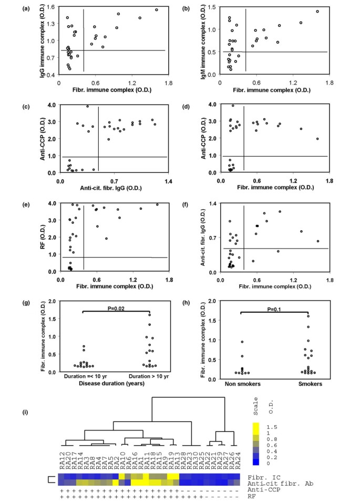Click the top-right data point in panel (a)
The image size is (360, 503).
[156, 9]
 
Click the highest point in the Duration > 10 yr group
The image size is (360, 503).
[149, 314]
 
